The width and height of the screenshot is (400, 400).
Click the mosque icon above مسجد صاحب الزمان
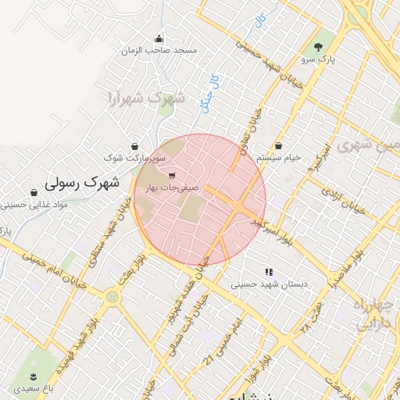click(159, 39)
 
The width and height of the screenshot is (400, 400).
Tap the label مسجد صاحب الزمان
click(159, 51)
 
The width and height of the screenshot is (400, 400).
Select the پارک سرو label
click(317, 59)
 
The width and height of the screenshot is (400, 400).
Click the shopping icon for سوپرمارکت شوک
click(135, 146)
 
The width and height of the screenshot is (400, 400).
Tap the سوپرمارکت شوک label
click(135, 158)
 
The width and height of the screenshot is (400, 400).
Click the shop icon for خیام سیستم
click(279, 146)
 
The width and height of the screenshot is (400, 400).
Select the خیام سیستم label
click(279, 158)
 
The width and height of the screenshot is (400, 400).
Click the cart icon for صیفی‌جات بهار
click(172, 176)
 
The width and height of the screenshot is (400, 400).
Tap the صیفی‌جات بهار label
click(171, 188)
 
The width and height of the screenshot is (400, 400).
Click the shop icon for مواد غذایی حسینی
click(34, 193)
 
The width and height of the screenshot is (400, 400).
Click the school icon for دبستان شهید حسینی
click(269, 273)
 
